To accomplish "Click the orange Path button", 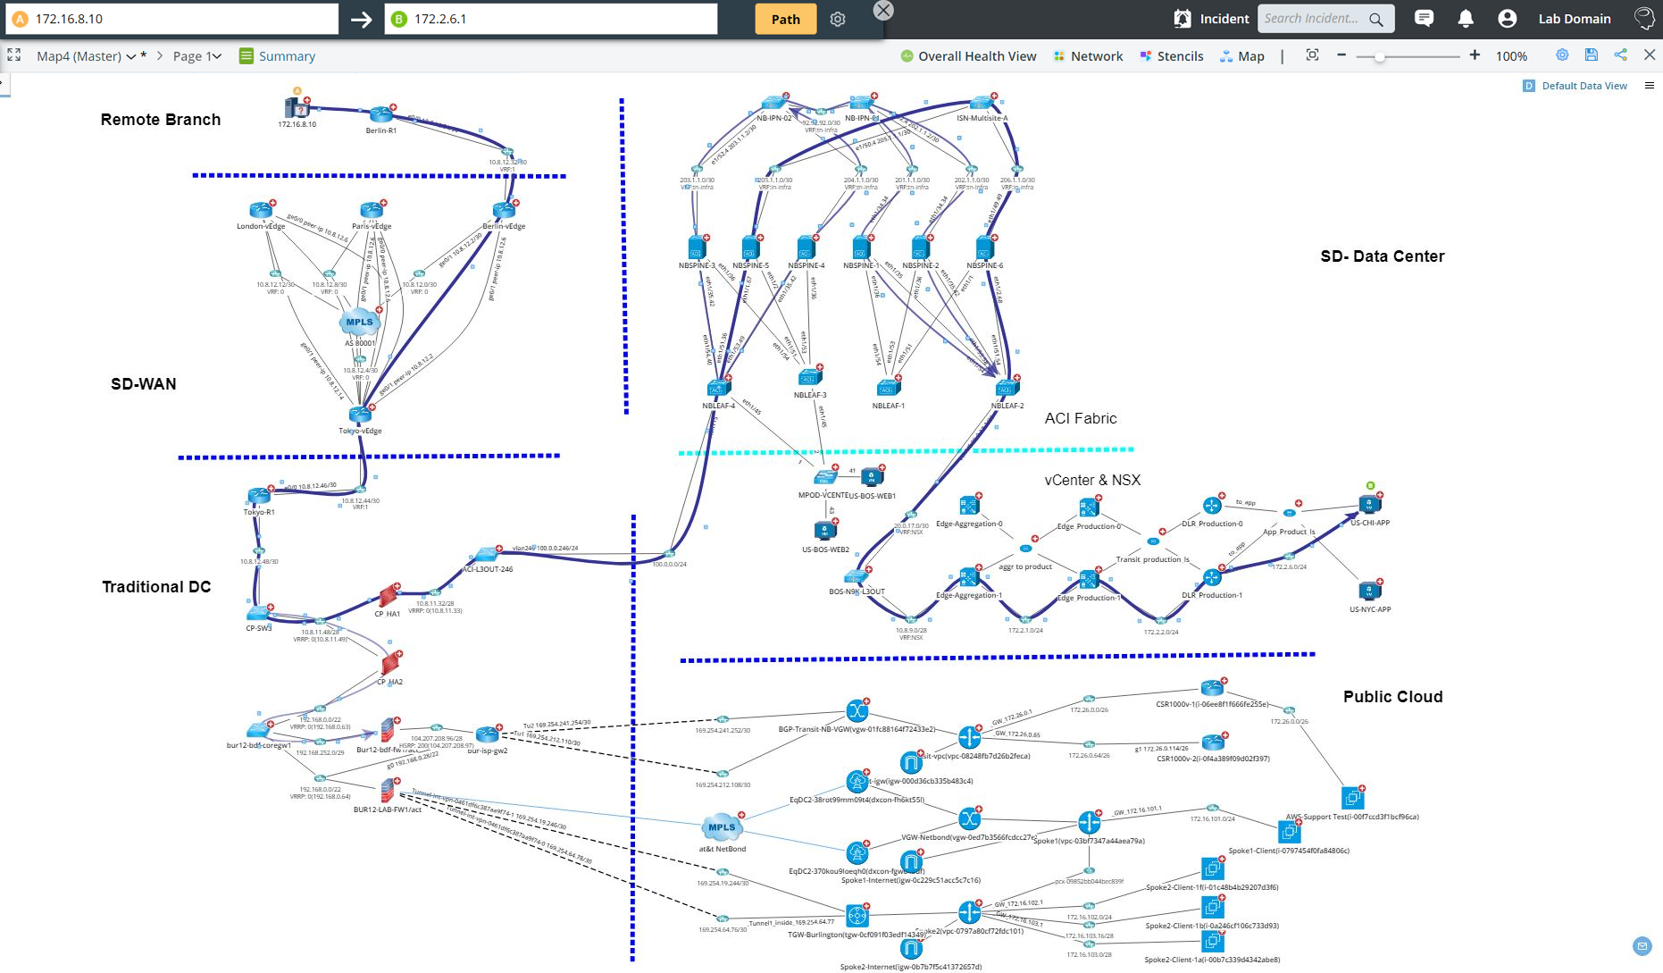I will point(785,19).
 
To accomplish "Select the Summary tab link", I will point(286,56).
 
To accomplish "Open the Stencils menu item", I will point(1179,56).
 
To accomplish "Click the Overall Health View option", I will point(976,56).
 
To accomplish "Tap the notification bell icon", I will point(1465,19).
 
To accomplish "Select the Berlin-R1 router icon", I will point(381,115).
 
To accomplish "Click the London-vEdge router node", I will point(261,211).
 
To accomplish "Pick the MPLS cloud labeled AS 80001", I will point(359,323).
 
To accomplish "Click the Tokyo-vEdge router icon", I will point(360,415).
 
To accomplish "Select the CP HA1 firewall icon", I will point(388,596).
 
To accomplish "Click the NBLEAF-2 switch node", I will point(1007,389).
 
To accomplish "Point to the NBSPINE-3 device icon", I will point(697,247).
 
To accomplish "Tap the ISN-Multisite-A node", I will point(982,104).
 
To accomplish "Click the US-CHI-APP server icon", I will point(1369,505).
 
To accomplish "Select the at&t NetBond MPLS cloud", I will point(722,828).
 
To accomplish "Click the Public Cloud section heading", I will point(1392,697).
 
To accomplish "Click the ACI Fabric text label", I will point(1081,418).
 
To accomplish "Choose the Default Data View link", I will point(1584,86).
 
